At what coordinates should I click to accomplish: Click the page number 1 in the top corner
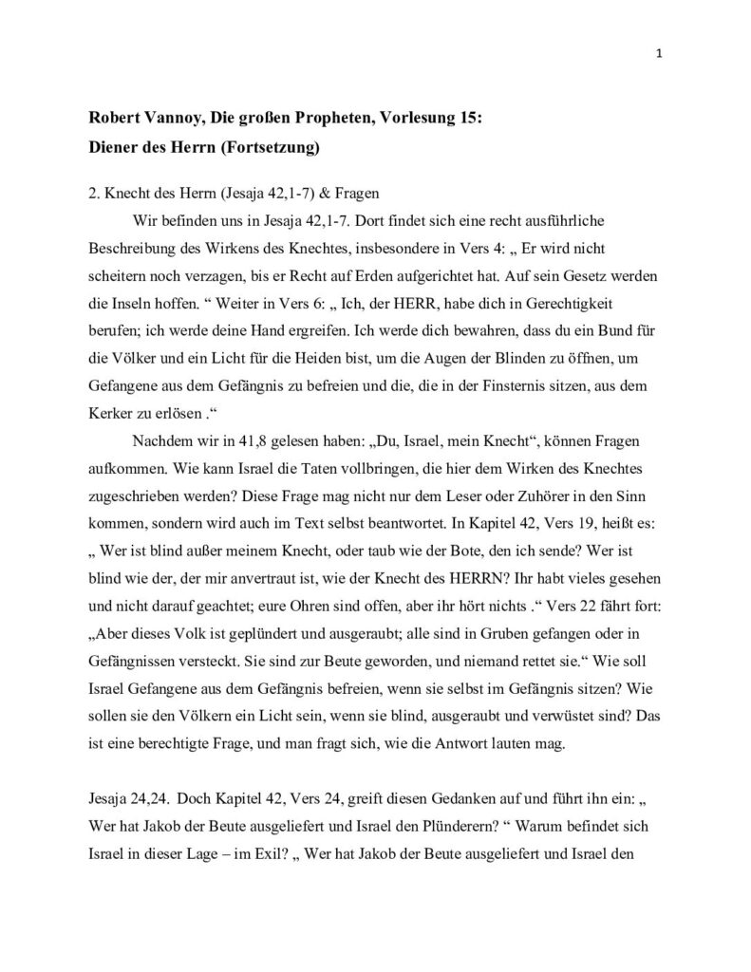coord(659,53)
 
